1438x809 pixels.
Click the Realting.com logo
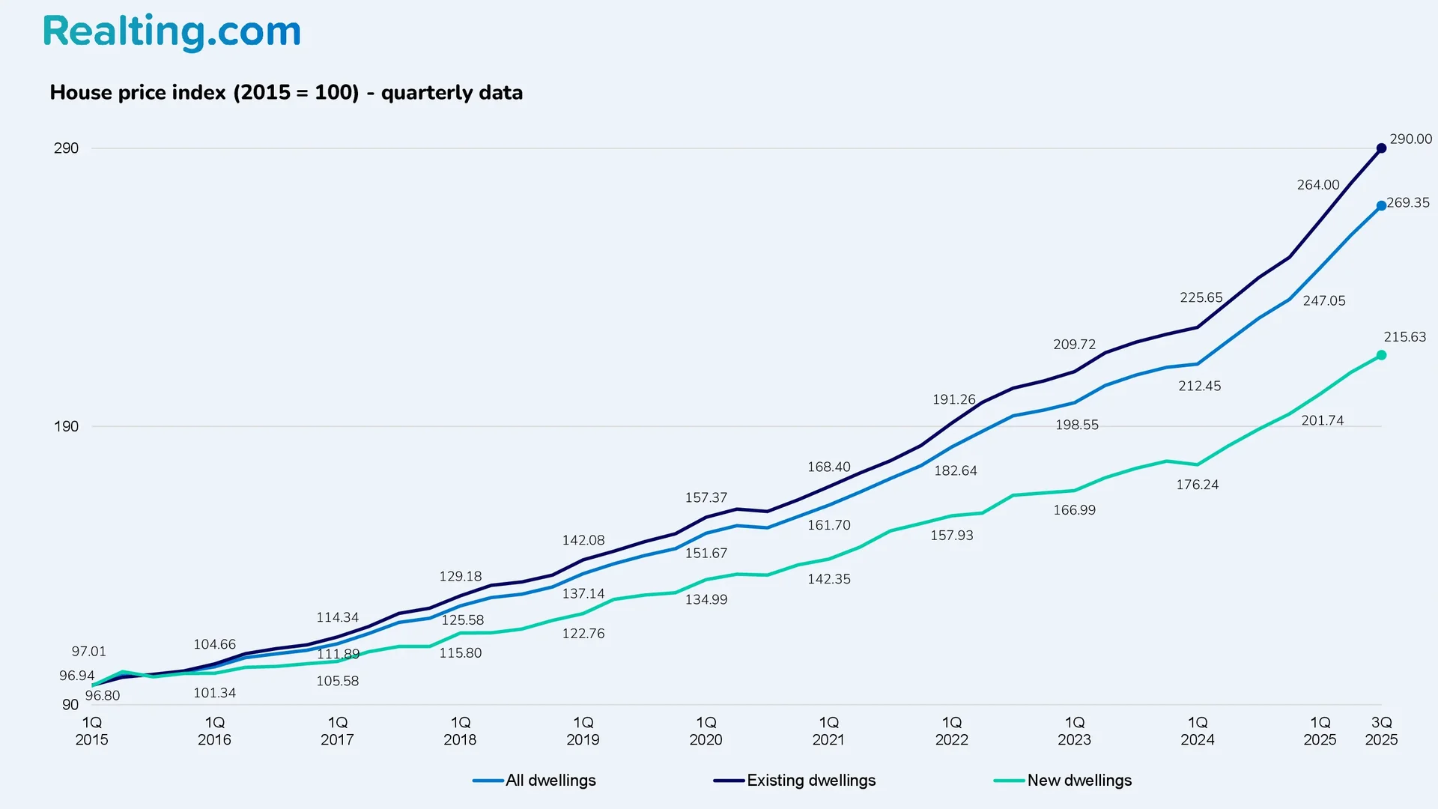coord(172,32)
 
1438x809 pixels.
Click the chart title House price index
coord(286,93)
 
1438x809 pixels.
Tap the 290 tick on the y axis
coord(66,148)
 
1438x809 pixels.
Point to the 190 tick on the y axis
coord(66,426)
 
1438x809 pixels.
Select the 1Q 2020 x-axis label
coord(706,731)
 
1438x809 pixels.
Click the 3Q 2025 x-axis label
coord(1381,731)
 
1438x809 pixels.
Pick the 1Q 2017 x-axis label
coord(337,731)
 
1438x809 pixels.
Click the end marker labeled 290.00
coord(1381,148)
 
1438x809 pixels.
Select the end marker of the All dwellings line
coord(1381,206)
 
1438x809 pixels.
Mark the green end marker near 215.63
coord(1381,355)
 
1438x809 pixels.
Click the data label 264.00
coord(1318,185)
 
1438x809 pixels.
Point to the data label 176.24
coord(1197,485)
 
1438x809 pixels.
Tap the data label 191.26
coord(953,399)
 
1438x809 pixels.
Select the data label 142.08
coord(583,540)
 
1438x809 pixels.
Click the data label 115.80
coord(460,653)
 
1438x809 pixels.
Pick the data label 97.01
coord(88,652)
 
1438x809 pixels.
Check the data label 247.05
coord(1323,301)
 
